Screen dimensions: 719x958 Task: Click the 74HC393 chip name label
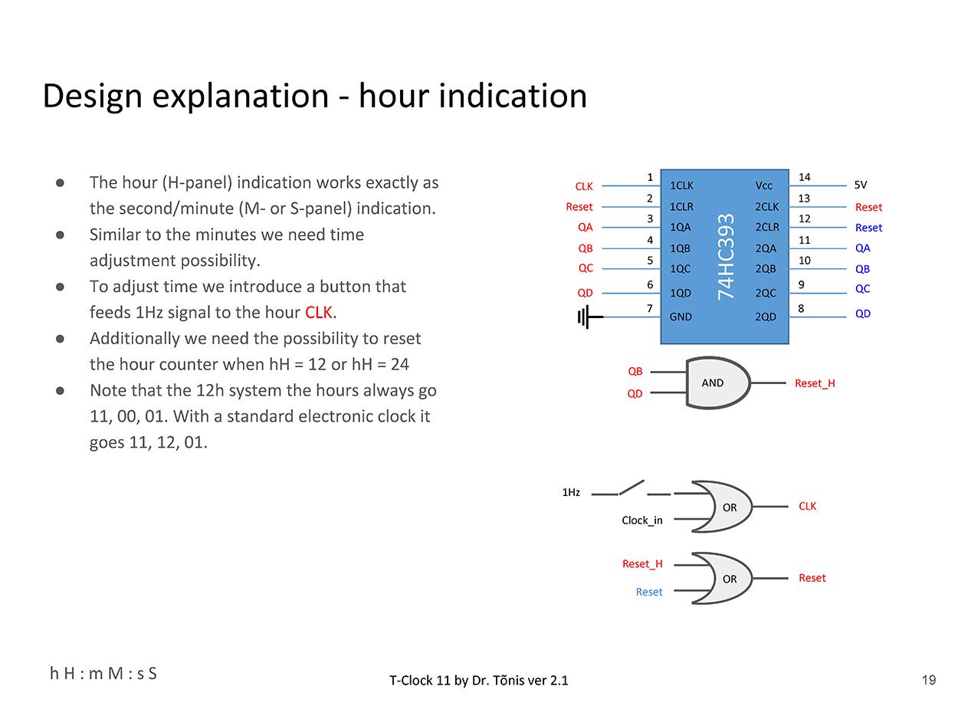726,257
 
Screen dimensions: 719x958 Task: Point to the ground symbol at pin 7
586,316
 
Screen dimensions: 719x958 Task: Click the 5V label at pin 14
860,185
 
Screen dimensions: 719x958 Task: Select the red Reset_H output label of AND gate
815,383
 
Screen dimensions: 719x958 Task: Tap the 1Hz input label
571,492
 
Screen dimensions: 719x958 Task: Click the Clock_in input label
641,520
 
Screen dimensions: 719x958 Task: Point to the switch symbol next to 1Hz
632,488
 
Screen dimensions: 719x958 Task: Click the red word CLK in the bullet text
318,313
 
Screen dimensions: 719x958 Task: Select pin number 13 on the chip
804,199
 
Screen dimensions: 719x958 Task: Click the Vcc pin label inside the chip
764,185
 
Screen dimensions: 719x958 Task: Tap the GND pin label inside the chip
681,317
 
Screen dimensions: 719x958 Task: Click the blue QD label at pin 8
863,314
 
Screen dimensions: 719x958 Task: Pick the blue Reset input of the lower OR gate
648,592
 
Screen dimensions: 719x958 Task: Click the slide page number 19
928,680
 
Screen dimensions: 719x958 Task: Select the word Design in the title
93,97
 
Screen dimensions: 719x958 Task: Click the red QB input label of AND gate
635,372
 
